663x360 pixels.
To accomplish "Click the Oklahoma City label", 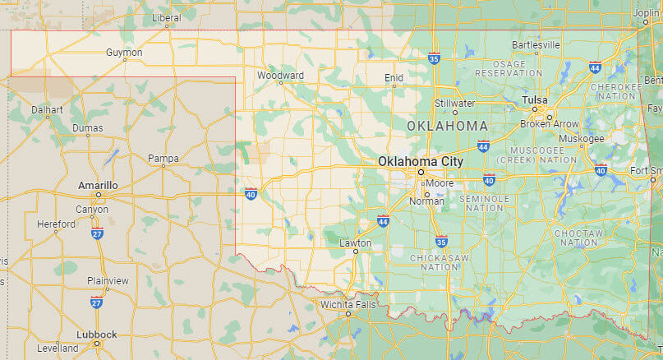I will tap(420, 162).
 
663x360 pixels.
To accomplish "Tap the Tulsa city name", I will tap(534, 99).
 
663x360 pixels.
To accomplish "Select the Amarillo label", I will tap(98, 186).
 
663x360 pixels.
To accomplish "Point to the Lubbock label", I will tap(96, 335).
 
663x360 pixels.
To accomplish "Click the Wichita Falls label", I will tap(348, 305).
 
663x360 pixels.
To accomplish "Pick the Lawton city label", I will tap(356, 243).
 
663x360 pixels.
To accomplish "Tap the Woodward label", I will tap(280, 76).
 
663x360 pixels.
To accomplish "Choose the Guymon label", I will tap(124, 53).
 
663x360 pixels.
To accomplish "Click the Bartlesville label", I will tap(536, 44).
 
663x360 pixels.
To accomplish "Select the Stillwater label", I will tap(455, 104).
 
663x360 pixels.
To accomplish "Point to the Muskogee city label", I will tap(581, 138).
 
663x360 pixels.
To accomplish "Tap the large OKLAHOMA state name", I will tap(447, 126).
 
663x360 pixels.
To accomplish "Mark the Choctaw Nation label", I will tap(576, 238).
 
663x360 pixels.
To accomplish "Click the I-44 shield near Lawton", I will tap(383, 220).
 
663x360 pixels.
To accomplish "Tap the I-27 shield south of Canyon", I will tap(96, 234).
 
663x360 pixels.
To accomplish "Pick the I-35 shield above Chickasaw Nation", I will tap(441, 241).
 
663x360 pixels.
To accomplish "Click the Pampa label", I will tap(163, 158).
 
